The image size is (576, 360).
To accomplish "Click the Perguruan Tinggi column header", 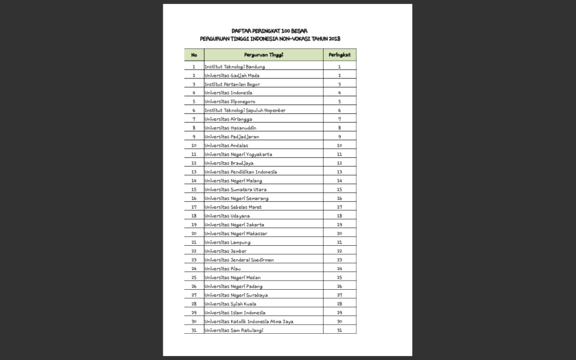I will (x=263, y=55).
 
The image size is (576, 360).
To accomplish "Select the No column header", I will (x=194, y=55).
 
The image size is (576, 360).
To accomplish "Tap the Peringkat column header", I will (x=339, y=55).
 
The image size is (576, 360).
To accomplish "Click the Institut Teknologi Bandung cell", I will (x=235, y=67).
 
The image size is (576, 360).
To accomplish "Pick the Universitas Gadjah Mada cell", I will (x=232, y=75).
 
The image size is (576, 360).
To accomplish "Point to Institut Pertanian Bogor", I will (x=232, y=84).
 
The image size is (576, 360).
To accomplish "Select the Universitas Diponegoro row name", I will (x=230, y=102).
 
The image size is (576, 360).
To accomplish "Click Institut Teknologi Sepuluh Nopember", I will (x=245, y=110).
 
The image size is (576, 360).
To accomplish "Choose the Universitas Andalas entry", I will (x=226, y=146).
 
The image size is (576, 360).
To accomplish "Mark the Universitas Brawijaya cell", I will (x=229, y=163).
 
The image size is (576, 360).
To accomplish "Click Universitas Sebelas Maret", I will (x=233, y=207).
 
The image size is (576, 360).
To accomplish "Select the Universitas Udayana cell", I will (x=227, y=216).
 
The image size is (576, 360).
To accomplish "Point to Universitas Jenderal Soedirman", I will (x=239, y=260).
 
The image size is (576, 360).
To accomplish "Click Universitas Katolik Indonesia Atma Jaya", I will (x=249, y=322).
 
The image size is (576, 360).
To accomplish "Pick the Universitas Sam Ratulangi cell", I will (x=234, y=331).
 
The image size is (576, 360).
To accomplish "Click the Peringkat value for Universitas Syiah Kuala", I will (x=339, y=304).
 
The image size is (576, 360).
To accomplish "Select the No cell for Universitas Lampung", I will (x=194, y=243).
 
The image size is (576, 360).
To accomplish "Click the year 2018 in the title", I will (x=334, y=39).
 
